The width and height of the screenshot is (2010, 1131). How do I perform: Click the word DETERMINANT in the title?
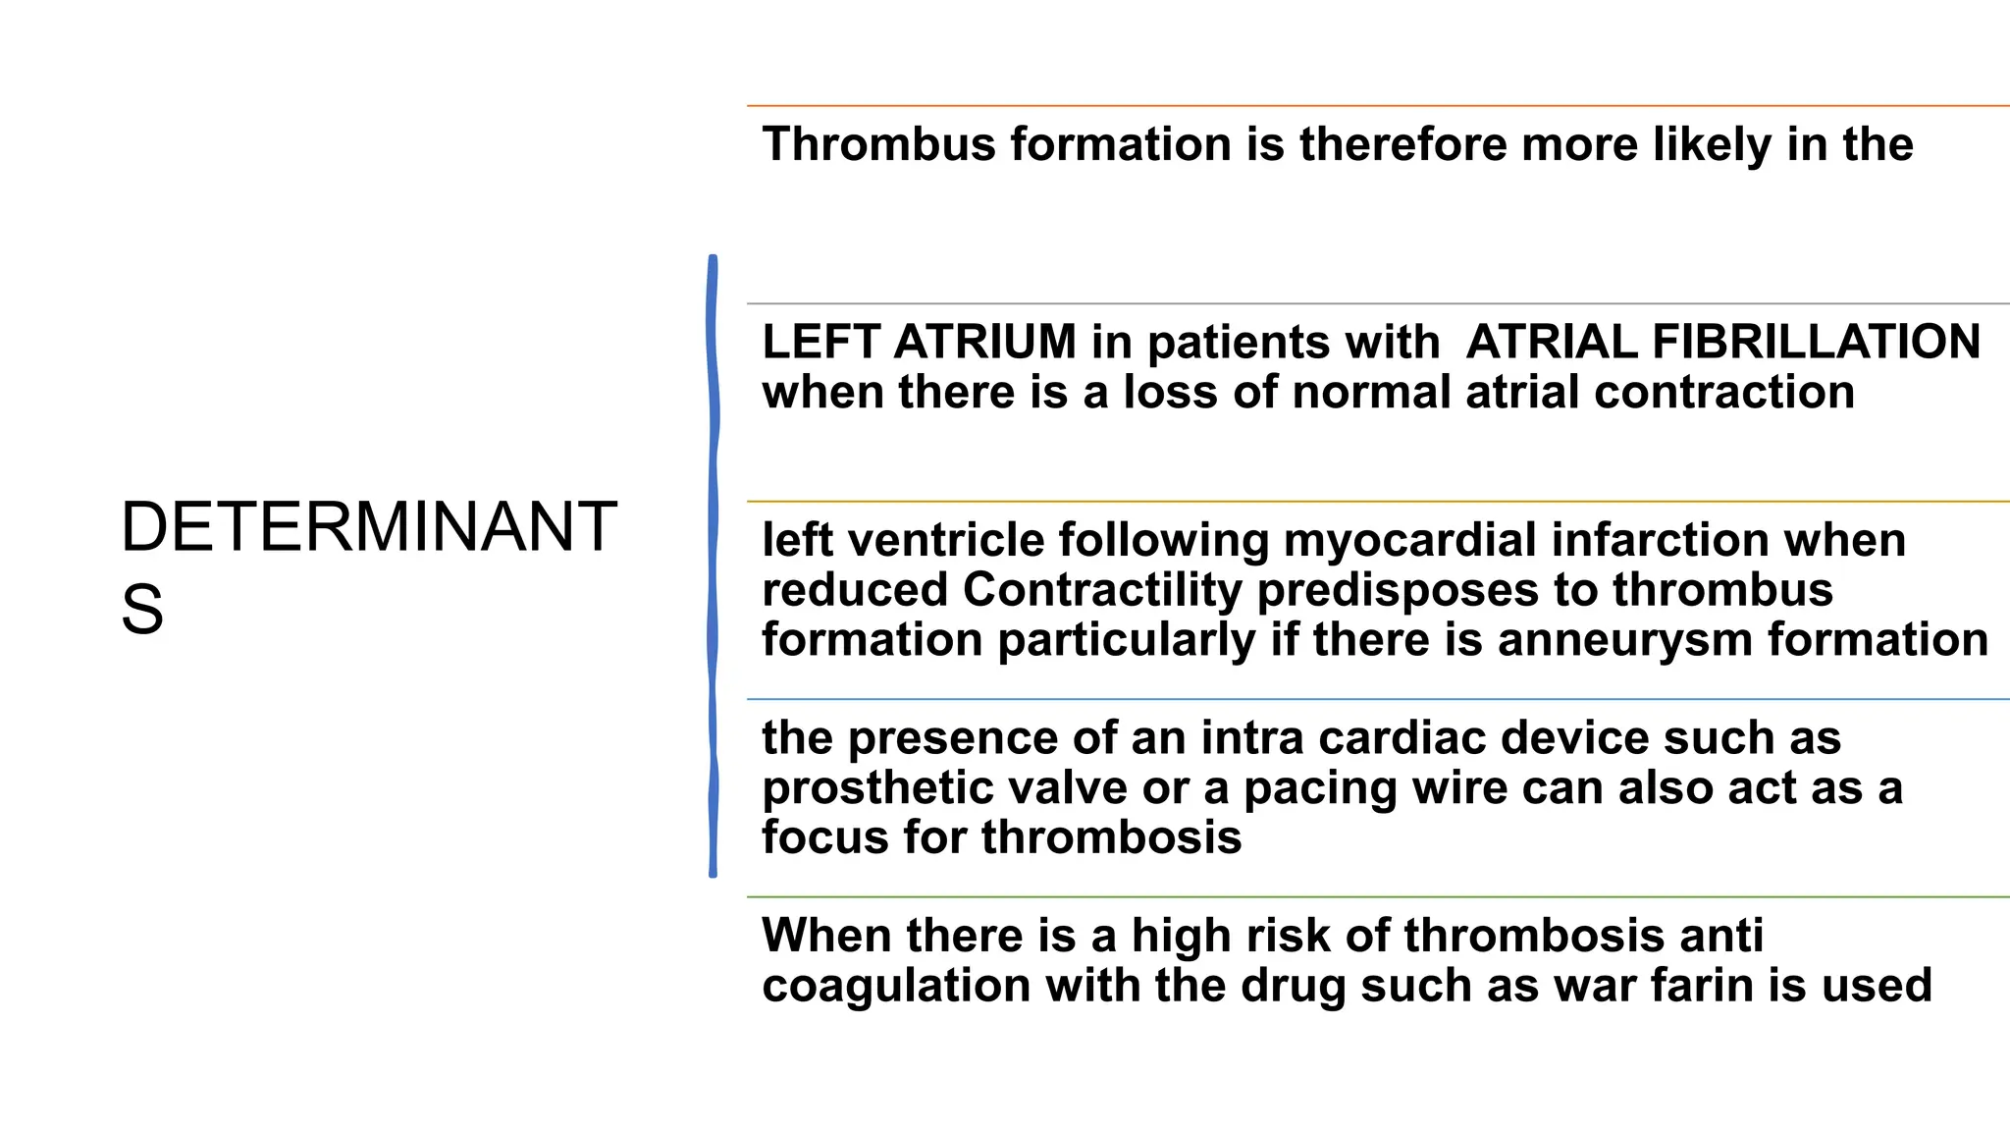tap(368, 528)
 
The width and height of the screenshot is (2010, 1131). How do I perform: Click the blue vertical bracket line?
tap(713, 565)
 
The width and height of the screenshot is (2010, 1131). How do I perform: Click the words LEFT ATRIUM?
tap(919, 343)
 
